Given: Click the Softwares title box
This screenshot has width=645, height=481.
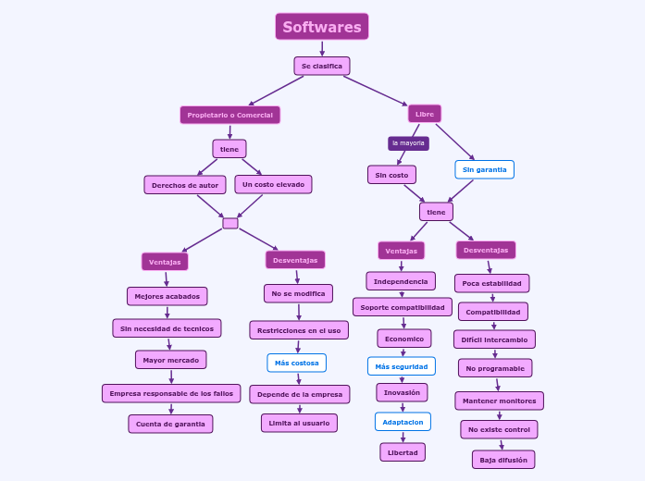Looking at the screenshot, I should pyautogui.click(x=322, y=27).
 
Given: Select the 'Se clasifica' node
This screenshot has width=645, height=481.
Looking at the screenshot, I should pyautogui.click(x=322, y=66).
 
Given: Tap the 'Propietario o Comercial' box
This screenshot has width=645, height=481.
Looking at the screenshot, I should pyautogui.click(x=229, y=115).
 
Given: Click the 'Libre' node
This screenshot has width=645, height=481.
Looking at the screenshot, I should pyautogui.click(x=425, y=114).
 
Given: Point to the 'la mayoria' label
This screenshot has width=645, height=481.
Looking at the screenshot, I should pyautogui.click(x=408, y=143).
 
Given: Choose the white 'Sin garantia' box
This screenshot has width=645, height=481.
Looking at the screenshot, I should pyautogui.click(x=484, y=169).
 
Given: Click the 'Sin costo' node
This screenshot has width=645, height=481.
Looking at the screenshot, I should pyautogui.click(x=391, y=174).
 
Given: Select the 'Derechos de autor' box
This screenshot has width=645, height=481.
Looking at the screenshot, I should pyautogui.click(x=185, y=185).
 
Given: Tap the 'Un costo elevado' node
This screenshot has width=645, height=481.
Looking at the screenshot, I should pyautogui.click(x=273, y=184).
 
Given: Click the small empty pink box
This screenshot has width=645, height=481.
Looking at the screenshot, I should pyautogui.click(x=230, y=223).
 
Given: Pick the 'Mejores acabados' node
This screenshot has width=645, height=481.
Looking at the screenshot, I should pyautogui.click(x=167, y=296).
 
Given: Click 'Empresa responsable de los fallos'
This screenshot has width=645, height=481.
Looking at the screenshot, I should pyautogui.click(x=171, y=393).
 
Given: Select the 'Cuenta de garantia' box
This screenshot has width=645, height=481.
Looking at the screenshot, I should pyautogui.click(x=170, y=424).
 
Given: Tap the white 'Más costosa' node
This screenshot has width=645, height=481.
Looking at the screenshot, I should pyautogui.click(x=296, y=363).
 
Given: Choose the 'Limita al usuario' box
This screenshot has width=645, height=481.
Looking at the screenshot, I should pyautogui.click(x=299, y=423).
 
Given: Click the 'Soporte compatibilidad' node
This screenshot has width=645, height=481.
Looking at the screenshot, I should pyautogui.click(x=403, y=306).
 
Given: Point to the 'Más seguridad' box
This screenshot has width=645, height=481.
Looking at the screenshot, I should pyautogui.click(x=401, y=366).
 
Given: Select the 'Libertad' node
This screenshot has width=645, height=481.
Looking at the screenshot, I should pyautogui.click(x=403, y=451).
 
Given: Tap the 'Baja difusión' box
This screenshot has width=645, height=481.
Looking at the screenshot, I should pyautogui.click(x=503, y=459).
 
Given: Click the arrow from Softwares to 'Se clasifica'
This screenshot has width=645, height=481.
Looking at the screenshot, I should pyautogui.click(x=322, y=48).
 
